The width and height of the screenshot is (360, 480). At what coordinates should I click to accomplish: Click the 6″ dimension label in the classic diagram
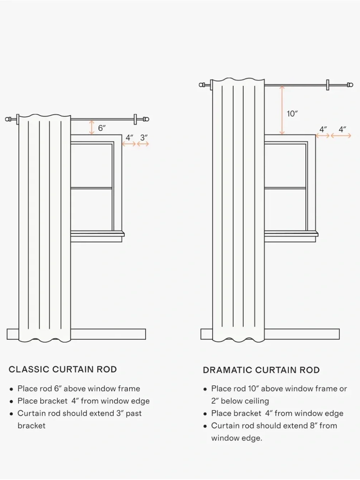click(102, 128)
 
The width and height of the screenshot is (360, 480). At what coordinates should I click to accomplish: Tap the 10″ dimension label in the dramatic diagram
click(292, 114)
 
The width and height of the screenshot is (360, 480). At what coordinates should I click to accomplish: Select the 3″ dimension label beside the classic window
click(144, 138)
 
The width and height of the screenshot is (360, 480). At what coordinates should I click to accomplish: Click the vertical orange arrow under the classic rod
click(92, 127)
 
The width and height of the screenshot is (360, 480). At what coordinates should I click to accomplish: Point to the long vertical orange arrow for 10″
click(282, 110)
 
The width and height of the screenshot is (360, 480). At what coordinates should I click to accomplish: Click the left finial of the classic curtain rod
click(9, 119)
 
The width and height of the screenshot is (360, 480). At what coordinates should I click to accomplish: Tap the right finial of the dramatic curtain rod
click(350, 85)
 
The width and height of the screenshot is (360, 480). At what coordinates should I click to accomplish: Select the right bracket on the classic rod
click(135, 119)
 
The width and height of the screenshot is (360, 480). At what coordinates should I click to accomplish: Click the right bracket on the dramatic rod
click(328, 85)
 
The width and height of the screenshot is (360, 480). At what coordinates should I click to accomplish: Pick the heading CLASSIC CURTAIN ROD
click(63, 369)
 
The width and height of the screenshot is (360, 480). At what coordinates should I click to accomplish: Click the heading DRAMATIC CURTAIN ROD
click(261, 370)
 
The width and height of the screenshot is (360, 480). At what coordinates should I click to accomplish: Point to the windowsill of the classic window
click(98, 234)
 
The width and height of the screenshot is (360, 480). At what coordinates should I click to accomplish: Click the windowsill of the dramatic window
click(291, 234)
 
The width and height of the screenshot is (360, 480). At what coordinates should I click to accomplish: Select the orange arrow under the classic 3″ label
click(143, 144)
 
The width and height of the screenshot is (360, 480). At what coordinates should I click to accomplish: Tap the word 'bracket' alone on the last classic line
click(31, 426)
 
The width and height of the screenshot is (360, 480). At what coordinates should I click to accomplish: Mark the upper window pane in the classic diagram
click(91, 166)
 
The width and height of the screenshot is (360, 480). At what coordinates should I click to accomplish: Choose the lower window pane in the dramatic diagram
click(285, 210)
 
